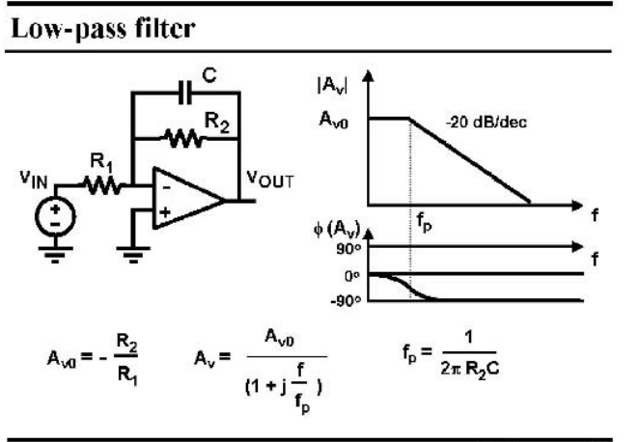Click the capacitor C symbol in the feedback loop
(x=185, y=93)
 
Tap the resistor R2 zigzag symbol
(x=184, y=139)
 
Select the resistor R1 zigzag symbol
(x=103, y=185)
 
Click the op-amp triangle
(x=188, y=199)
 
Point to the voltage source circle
(x=55, y=216)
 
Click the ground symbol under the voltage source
(x=55, y=255)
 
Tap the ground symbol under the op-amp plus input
(x=133, y=255)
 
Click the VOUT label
(x=270, y=180)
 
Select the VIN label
(x=34, y=180)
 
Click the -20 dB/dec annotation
(x=486, y=122)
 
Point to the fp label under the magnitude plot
(x=424, y=222)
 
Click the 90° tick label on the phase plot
(x=348, y=249)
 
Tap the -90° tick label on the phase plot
(x=347, y=301)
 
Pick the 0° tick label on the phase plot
(x=351, y=276)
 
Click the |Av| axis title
(x=332, y=85)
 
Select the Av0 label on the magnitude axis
(x=333, y=120)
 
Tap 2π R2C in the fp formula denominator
(x=470, y=369)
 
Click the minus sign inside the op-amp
(x=167, y=188)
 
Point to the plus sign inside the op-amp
(x=165, y=212)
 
